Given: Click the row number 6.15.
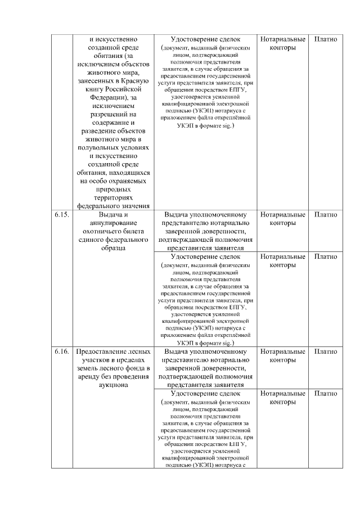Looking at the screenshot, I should pyautogui.click(x=61, y=215).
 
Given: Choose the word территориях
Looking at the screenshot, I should pyautogui.click(x=114, y=197).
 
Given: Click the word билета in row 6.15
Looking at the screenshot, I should pyautogui.click(x=138, y=231).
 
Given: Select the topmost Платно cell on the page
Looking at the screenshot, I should pyautogui.click(x=326, y=39).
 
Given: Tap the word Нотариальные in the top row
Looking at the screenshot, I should pyautogui.click(x=283, y=39).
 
